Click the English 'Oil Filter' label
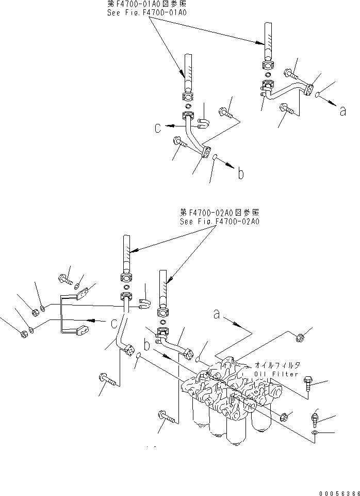pos(275,373)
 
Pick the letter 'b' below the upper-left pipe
pos(240,174)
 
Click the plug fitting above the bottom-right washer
pos(315,415)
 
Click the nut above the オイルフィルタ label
pos(301,339)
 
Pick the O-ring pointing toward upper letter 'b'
pos(216,158)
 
